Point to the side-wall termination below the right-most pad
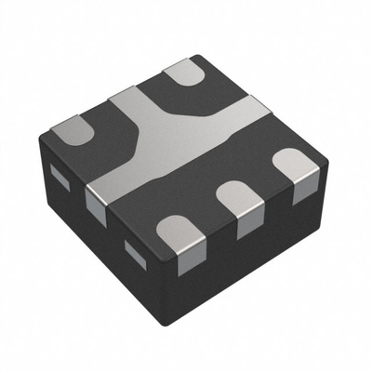click(x=303, y=191)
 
